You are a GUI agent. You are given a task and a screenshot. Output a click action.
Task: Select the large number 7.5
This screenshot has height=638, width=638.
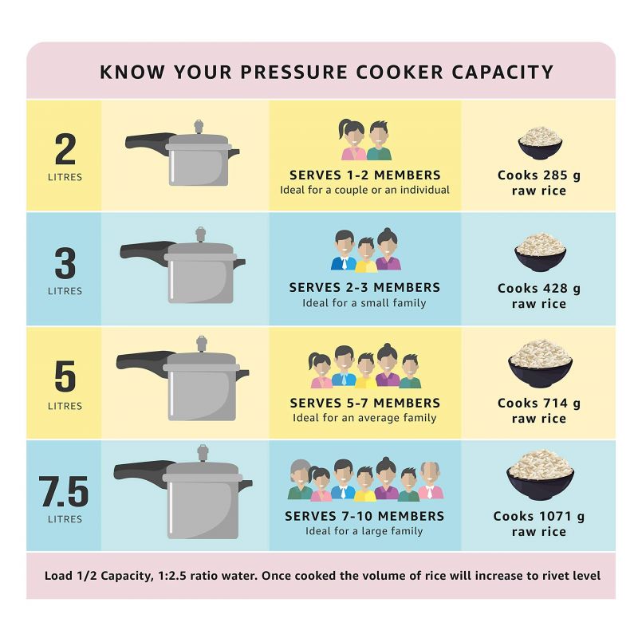click(65, 493)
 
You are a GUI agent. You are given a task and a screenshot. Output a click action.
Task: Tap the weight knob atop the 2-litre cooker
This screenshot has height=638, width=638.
click(199, 126)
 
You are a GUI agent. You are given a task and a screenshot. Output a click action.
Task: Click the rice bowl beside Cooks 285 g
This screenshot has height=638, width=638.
click(540, 143)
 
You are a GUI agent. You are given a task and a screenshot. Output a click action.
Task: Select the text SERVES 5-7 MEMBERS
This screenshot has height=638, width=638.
click(364, 403)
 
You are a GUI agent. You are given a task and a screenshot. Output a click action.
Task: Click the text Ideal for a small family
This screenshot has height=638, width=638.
click(364, 303)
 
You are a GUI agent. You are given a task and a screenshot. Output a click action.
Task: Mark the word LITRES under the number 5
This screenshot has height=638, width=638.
click(65, 406)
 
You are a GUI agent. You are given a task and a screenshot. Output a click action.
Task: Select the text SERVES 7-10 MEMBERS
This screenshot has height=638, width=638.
click(364, 516)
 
